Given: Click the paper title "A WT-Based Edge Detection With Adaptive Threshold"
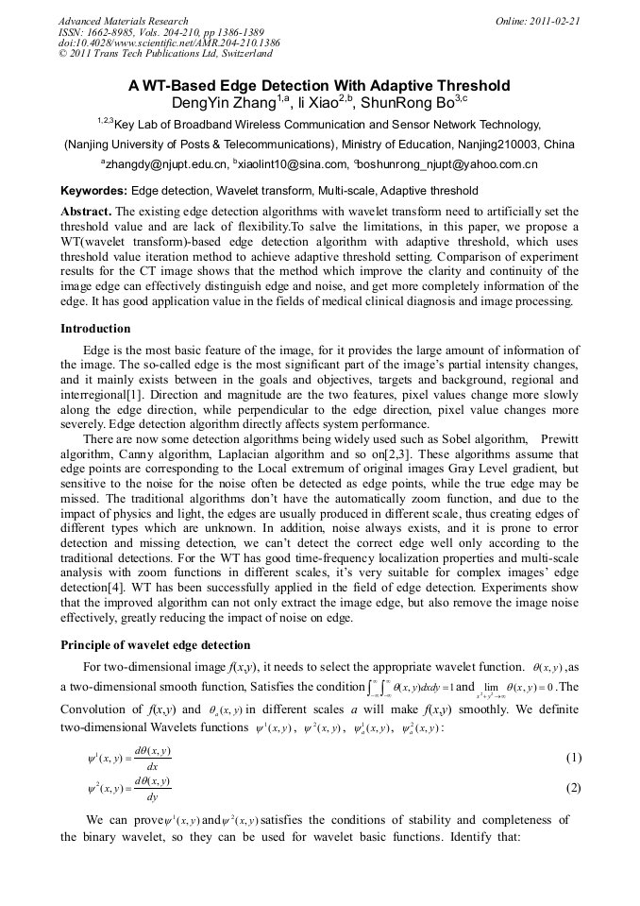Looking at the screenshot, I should [319, 86].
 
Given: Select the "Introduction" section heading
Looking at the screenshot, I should [95, 329].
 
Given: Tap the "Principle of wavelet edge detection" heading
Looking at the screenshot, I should [155, 645].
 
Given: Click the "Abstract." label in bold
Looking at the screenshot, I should [86, 212].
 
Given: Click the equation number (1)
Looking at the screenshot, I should [571, 758].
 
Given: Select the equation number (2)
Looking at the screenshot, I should [571, 788].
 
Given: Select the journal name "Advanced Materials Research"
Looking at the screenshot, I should [123, 21].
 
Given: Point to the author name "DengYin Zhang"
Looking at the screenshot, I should [223, 103].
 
